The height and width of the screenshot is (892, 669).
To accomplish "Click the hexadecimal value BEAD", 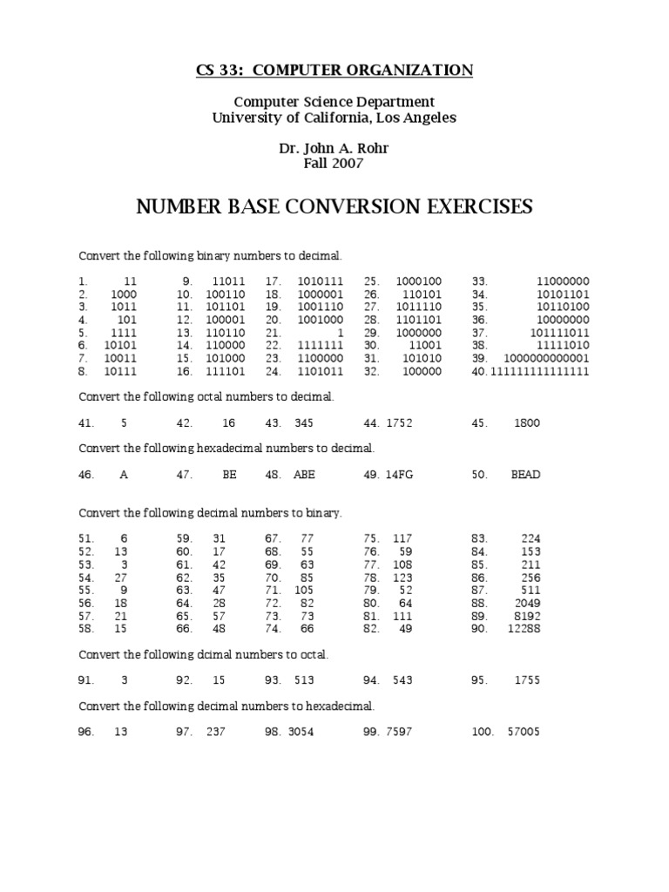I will tap(525, 475).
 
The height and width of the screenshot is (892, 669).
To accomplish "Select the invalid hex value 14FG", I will tap(398, 475).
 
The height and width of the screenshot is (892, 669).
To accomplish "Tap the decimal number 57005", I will tap(524, 732).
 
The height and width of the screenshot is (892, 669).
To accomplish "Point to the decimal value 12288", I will tap(524, 628).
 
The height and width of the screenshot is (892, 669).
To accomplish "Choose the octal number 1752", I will tap(398, 423).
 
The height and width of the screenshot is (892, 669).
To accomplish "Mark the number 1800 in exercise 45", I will tap(526, 423).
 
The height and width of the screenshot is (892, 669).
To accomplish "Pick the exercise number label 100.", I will tap(483, 732).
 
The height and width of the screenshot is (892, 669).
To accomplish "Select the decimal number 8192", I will tap(526, 615).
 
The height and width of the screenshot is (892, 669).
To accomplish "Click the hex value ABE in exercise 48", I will tap(304, 475).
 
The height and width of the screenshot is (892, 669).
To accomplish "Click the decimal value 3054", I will tap(299, 732).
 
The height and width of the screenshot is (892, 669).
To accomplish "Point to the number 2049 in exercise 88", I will tap(526, 603).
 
